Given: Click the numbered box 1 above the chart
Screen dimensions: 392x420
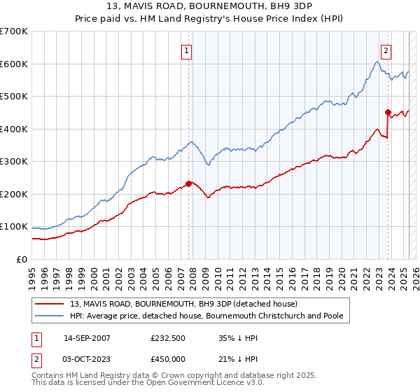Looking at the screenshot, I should (188, 50).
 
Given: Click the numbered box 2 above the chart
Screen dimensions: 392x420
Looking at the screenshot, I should (386, 50).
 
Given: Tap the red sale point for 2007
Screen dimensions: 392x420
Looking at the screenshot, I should (188, 183).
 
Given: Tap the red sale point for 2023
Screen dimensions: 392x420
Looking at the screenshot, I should (387, 112).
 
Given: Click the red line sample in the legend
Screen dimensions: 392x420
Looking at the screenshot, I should (50, 304).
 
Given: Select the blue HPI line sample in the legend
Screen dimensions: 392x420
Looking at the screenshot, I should (50, 316).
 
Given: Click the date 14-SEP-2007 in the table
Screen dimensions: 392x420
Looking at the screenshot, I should (87, 337).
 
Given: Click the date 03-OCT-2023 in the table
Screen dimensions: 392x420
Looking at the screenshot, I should (87, 359).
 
